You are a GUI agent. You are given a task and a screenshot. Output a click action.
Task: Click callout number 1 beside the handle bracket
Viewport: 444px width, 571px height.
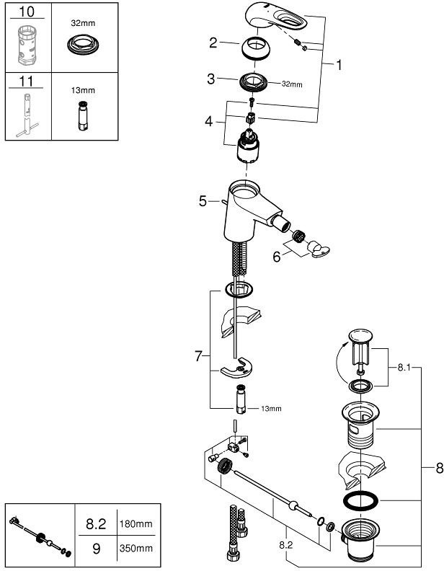(x=339, y=65)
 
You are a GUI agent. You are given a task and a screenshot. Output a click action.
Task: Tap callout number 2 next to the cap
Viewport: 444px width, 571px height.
(x=213, y=43)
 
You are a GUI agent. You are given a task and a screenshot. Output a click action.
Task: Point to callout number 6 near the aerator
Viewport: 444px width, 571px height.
(x=277, y=257)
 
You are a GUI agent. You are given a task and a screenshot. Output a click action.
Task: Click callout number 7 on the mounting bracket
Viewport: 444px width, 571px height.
(x=198, y=355)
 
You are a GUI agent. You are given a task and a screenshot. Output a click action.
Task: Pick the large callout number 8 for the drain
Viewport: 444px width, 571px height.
(x=439, y=468)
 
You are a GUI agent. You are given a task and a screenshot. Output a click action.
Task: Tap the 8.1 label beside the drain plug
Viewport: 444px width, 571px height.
(x=404, y=368)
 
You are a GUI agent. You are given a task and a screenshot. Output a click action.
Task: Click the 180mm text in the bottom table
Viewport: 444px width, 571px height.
(x=136, y=524)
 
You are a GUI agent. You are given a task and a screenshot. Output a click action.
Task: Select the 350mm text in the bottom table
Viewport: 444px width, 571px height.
(x=136, y=548)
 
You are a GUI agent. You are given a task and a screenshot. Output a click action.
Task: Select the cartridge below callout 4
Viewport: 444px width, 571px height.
(x=247, y=145)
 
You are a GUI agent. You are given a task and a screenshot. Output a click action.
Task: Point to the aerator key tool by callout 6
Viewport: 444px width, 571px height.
(x=318, y=249)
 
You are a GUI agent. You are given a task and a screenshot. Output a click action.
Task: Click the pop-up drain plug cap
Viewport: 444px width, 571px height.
(x=360, y=335)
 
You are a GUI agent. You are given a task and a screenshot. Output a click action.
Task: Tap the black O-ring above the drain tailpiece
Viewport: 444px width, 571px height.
(x=360, y=501)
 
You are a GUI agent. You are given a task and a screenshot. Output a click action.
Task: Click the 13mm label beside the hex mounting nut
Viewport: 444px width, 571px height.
(x=271, y=409)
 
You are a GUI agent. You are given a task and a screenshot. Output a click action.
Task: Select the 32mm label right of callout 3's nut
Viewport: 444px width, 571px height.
(x=292, y=84)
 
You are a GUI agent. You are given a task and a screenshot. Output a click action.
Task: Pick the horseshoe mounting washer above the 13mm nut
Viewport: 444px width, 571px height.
(x=236, y=368)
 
